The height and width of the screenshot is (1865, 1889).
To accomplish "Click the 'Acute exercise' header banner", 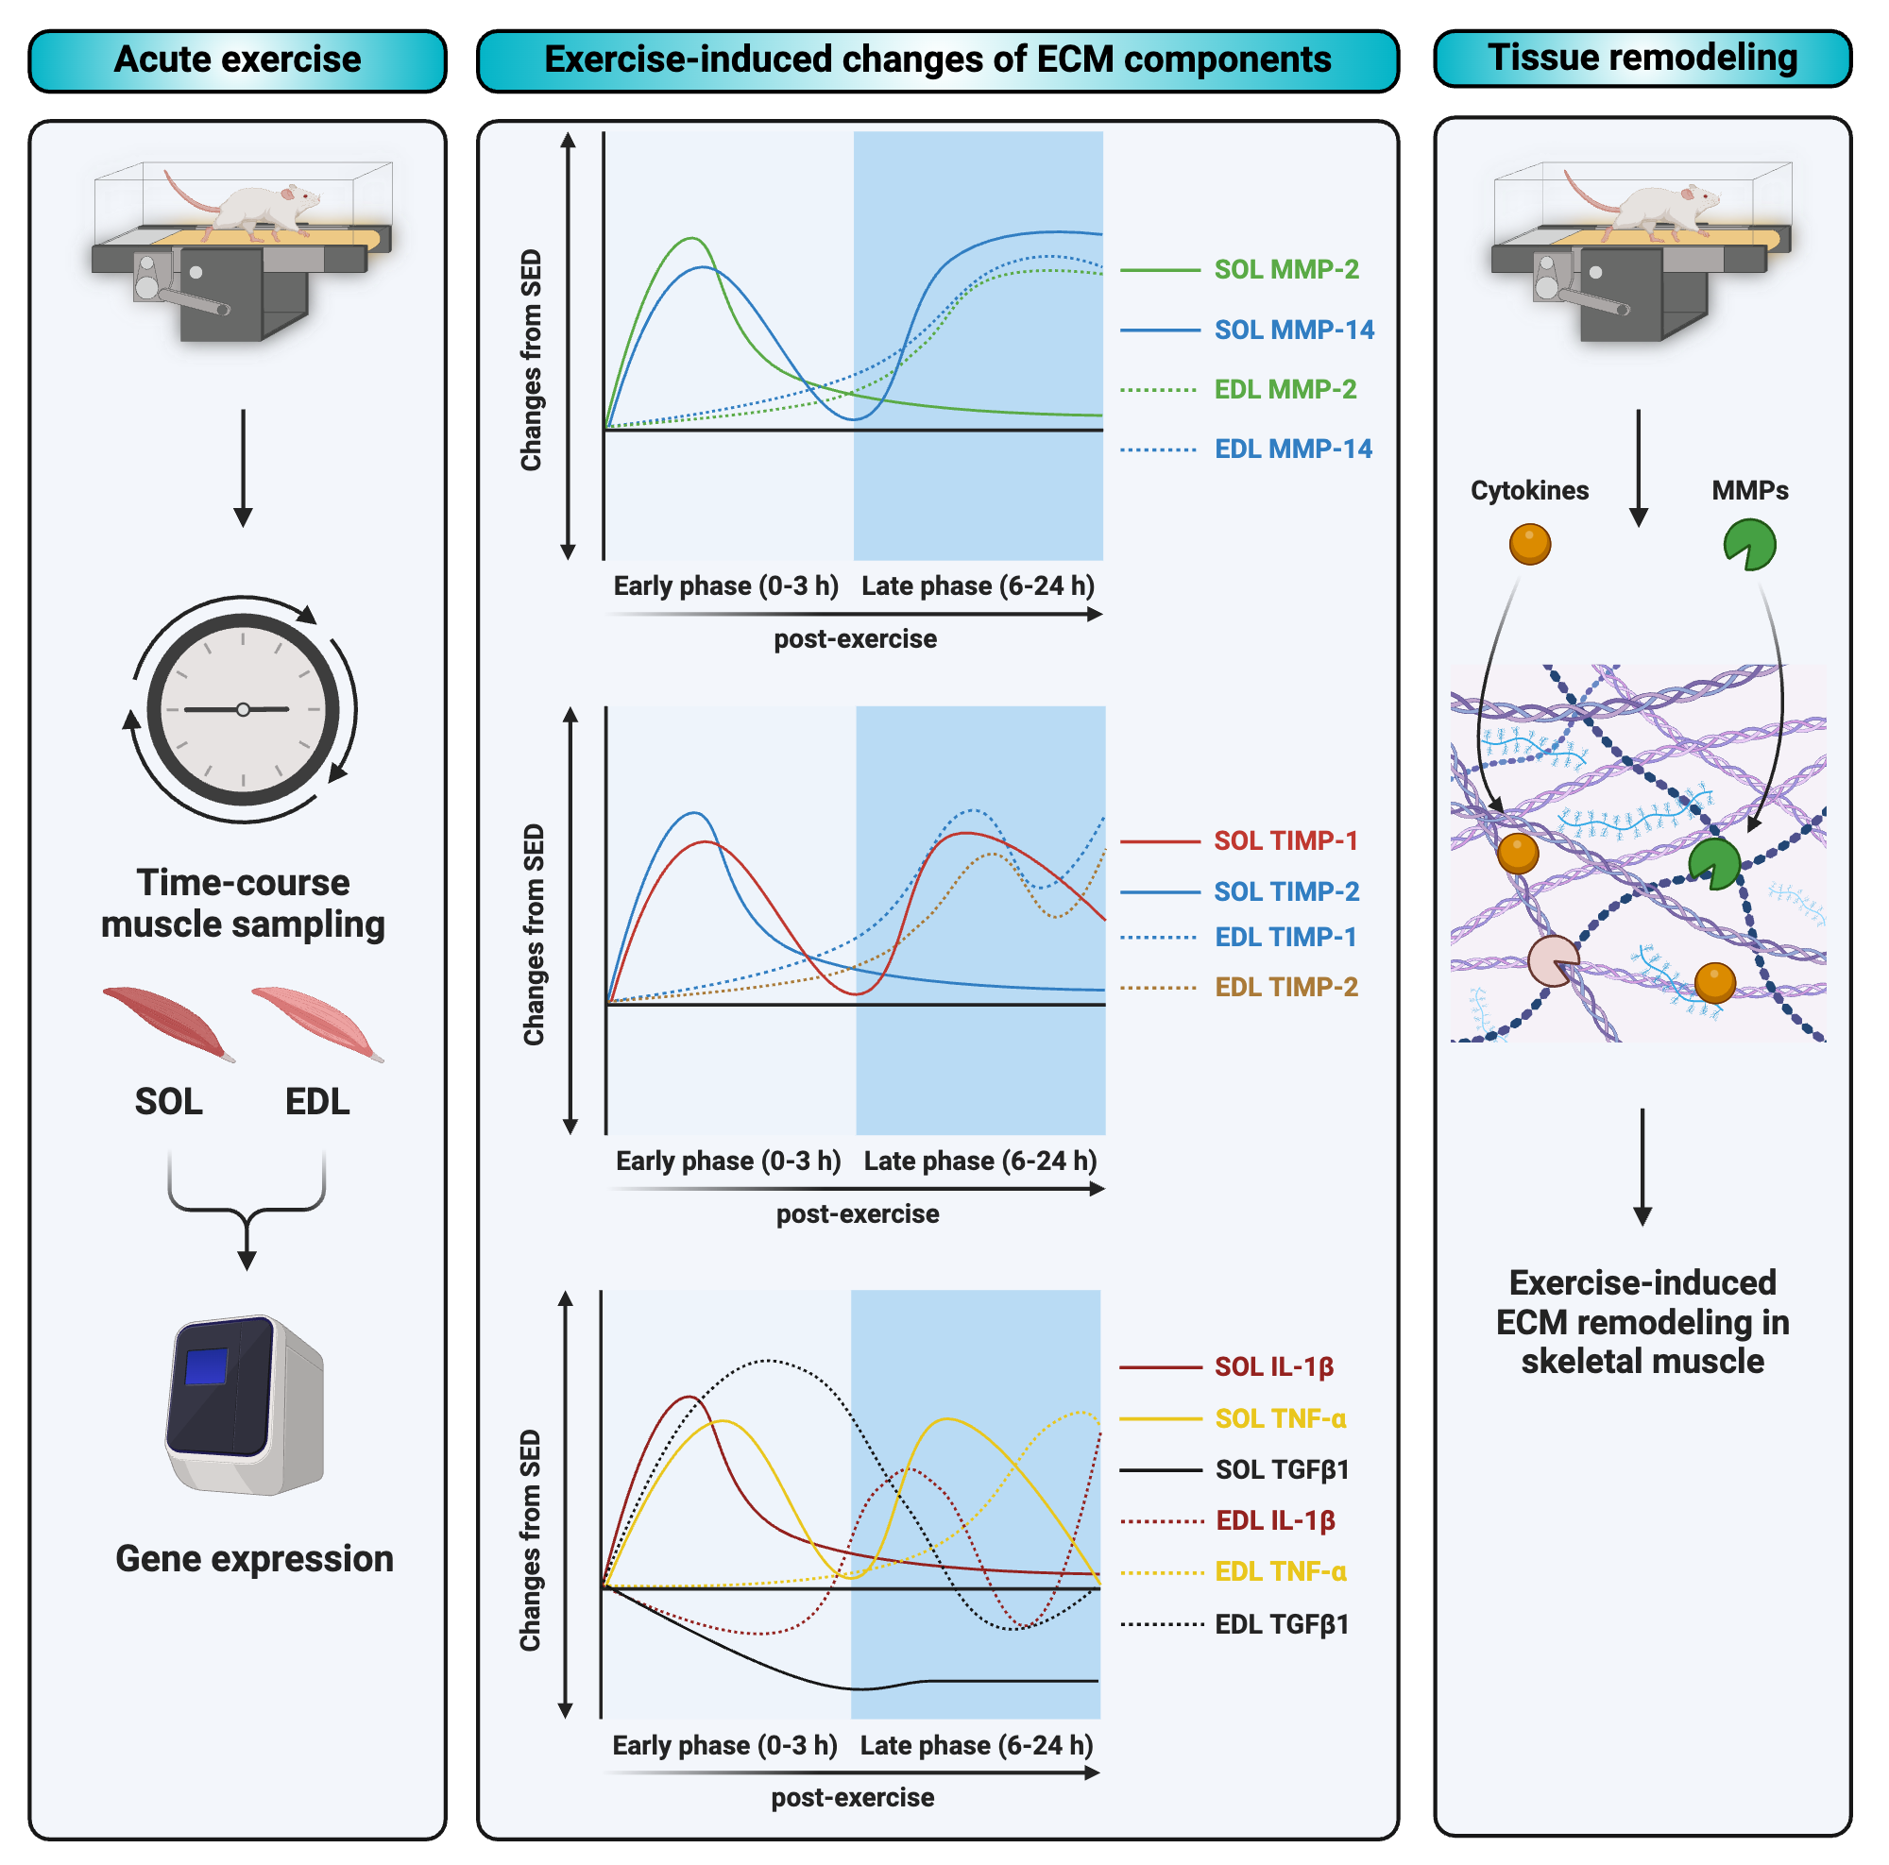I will (x=238, y=60).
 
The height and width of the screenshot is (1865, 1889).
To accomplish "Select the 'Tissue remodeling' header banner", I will (x=1642, y=59).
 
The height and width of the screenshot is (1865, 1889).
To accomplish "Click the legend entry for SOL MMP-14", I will (x=1293, y=331).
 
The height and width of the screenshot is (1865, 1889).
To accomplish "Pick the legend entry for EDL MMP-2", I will (x=1285, y=390).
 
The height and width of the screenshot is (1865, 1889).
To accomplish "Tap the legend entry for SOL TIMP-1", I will (x=1285, y=840).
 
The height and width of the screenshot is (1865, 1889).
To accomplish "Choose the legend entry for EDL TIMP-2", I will (x=1285, y=987).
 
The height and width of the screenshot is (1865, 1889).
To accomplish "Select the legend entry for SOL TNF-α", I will (x=1280, y=1418).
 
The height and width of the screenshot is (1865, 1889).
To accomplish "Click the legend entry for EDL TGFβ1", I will (x=1281, y=1624).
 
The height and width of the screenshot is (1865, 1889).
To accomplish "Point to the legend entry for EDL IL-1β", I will (x=1275, y=1521).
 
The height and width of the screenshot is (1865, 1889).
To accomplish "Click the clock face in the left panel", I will (x=243, y=709).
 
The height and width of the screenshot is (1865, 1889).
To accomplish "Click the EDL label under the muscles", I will (x=316, y=1102).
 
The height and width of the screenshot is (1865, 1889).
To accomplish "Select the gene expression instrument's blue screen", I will (x=206, y=1365).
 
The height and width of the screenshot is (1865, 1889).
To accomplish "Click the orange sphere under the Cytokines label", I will (x=1529, y=545).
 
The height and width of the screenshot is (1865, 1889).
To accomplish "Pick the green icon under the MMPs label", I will (x=1748, y=545).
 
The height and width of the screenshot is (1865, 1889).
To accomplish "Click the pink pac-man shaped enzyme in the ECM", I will (x=1552, y=962).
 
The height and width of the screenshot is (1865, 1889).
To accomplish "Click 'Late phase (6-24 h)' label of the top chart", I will (x=978, y=586).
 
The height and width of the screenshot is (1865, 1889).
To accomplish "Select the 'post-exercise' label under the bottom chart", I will (x=853, y=1798).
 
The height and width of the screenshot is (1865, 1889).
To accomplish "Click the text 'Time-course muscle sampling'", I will (x=243, y=903).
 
